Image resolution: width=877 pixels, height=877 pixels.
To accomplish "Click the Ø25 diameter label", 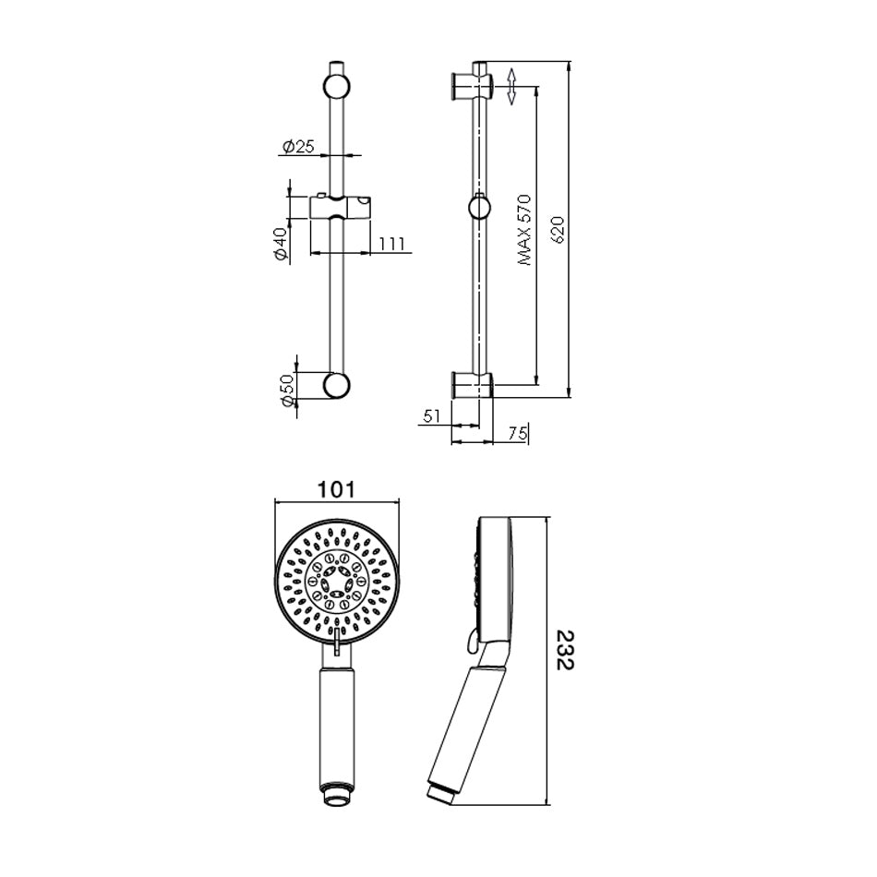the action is pyautogui.click(x=299, y=147).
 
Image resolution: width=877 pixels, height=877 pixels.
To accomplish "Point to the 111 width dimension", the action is pyautogui.click(x=391, y=245).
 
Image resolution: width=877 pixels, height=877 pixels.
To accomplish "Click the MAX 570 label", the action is pyautogui.click(x=524, y=230).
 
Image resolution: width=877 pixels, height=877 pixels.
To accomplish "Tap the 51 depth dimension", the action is pyautogui.click(x=432, y=416).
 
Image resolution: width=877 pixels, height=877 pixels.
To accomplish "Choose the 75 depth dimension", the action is pyautogui.click(x=518, y=433).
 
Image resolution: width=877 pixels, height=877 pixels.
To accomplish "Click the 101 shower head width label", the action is pyautogui.click(x=336, y=489).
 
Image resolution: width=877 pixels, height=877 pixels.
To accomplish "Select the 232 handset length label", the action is pyautogui.click(x=566, y=650).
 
